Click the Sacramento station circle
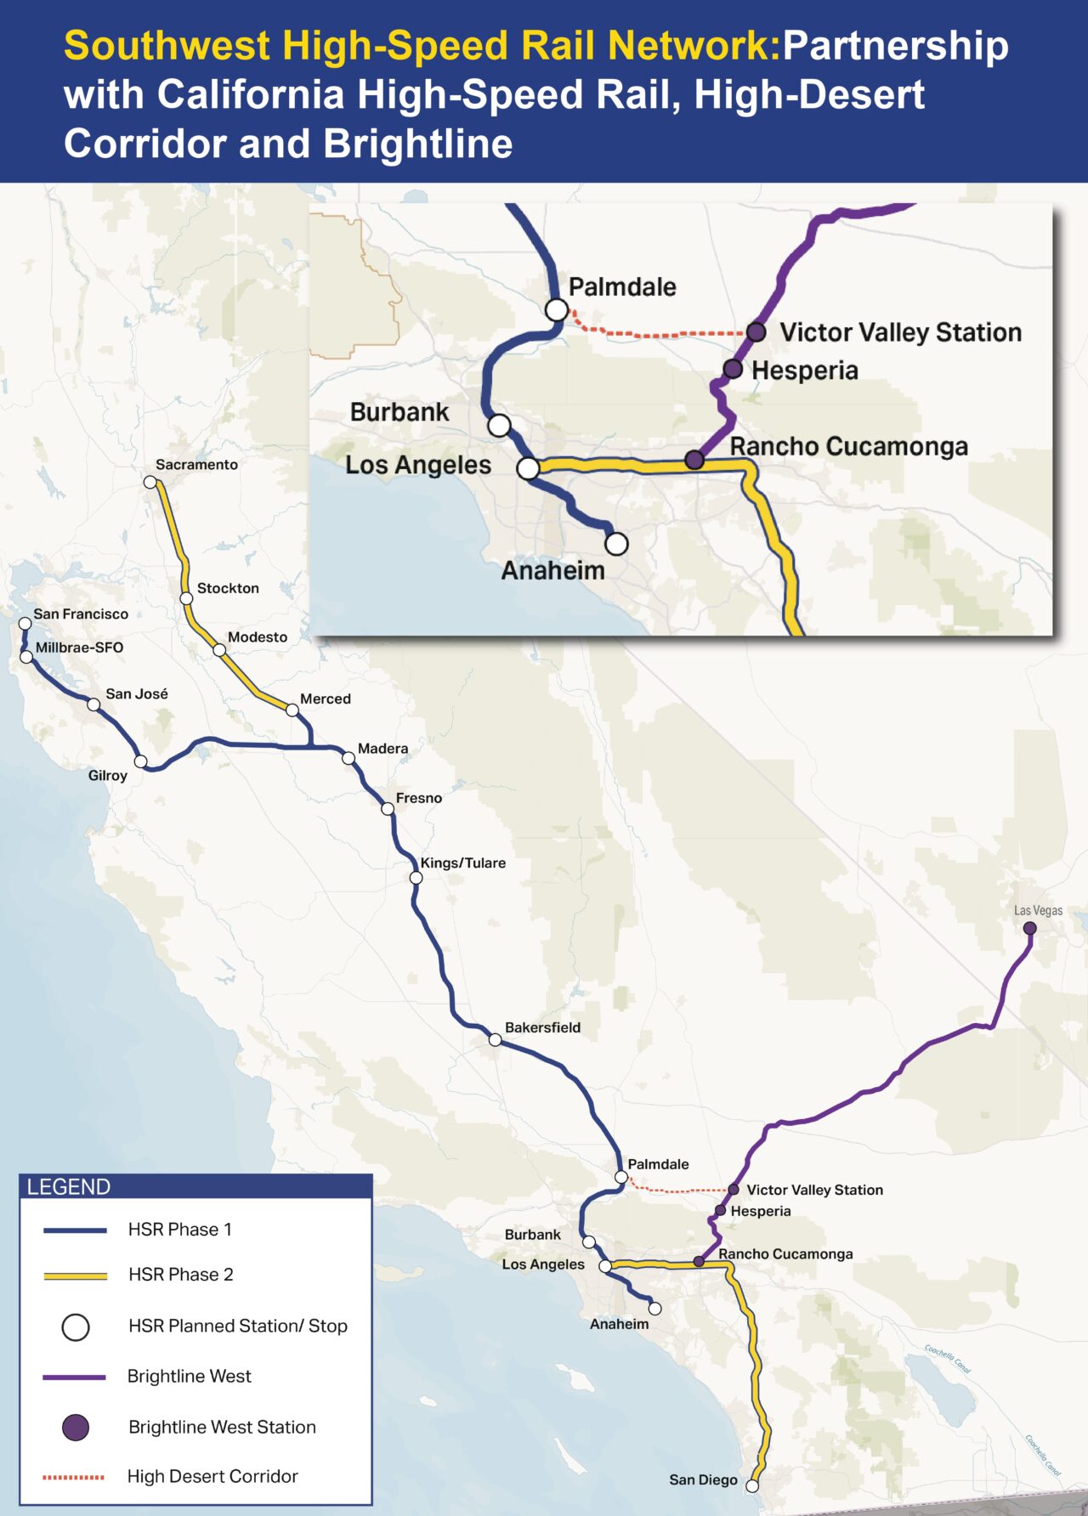(x=150, y=482)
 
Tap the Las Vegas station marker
(x=1029, y=928)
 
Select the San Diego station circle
(x=752, y=1485)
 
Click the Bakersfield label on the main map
(x=542, y=1027)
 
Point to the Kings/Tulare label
(x=462, y=863)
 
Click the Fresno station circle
(x=388, y=809)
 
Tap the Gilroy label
(x=108, y=775)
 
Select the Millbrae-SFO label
(x=79, y=648)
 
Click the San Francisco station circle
(x=25, y=624)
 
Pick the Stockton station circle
(x=187, y=598)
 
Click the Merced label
(x=325, y=699)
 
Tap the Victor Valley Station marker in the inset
(x=756, y=331)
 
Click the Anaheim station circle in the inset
(x=616, y=543)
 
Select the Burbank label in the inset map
(x=399, y=412)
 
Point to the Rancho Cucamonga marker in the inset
(x=694, y=460)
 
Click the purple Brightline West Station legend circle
(x=76, y=1427)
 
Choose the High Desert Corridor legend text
(x=212, y=1476)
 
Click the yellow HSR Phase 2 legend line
(x=75, y=1276)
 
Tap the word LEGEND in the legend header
(x=69, y=1187)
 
